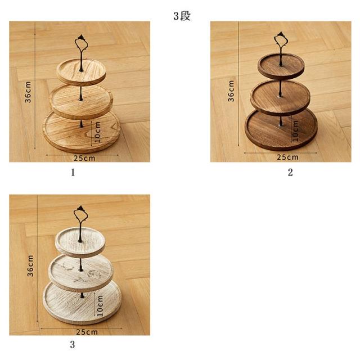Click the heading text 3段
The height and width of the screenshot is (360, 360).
click(x=182, y=16)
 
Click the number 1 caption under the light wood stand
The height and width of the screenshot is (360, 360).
click(x=73, y=173)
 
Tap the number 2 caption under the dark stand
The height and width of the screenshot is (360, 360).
click(x=290, y=172)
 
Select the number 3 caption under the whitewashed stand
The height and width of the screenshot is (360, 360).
click(x=73, y=344)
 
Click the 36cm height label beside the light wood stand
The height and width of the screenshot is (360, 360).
click(x=28, y=92)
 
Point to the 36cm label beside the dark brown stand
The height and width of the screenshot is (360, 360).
click(x=231, y=91)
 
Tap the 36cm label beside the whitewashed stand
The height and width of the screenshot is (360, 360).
click(x=30, y=265)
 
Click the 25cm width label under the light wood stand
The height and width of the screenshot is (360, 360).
click(x=84, y=158)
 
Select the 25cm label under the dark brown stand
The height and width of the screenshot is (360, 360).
click(x=287, y=157)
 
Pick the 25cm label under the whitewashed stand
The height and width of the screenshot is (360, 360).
click(x=87, y=332)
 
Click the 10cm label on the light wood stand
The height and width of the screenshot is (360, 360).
click(x=97, y=132)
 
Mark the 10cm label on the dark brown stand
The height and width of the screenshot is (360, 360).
click(x=295, y=130)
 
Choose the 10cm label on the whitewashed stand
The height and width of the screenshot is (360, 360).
click(x=100, y=305)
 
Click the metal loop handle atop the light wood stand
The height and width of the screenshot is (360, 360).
click(x=76, y=43)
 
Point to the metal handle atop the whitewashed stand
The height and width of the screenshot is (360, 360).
click(x=75, y=214)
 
